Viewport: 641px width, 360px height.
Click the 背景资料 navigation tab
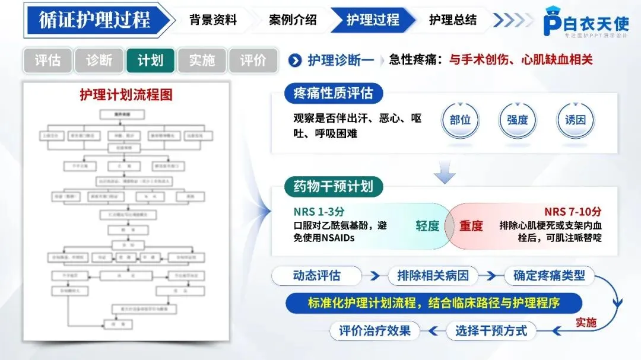(213, 20)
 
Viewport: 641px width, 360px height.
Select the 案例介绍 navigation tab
(293, 20)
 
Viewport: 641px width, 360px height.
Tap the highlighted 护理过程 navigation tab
(373, 20)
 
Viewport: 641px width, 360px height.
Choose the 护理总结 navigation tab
(452, 20)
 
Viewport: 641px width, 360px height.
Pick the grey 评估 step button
(47, 60)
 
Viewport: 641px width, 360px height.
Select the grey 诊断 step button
(99, 60)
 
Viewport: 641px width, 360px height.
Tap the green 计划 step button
(150, 60)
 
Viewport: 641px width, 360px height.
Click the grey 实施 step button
(202, 60)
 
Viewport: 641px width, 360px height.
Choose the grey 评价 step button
(253, 60)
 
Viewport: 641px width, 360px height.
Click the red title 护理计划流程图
(126, 95)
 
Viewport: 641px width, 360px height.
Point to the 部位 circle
(461, 120)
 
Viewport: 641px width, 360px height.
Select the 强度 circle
(518, 120)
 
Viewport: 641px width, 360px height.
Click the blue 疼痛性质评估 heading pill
(333, 93)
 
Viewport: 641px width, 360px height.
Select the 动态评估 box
(317, 276)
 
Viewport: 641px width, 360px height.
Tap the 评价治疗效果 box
(375, 330)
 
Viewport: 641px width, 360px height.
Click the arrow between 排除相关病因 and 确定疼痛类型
(490, 276)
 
